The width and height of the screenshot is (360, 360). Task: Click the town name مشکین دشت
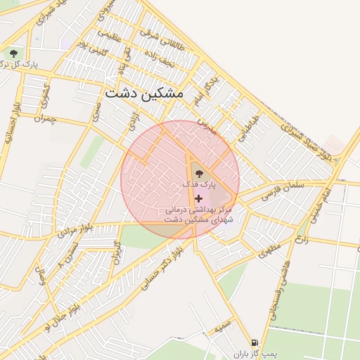143,93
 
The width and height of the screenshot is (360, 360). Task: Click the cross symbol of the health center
198,198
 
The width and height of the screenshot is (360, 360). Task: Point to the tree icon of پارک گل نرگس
13,54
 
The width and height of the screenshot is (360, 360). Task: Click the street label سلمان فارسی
281,191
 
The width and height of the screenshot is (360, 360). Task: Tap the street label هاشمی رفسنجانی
281,299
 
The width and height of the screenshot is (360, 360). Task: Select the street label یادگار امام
205,88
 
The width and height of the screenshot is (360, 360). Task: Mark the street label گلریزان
117,254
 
